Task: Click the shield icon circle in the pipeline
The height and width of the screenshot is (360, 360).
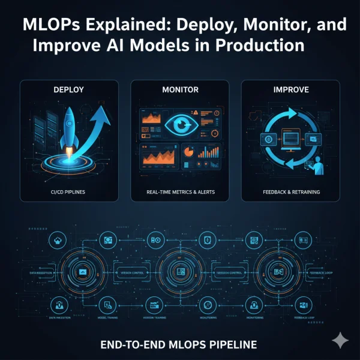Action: pos(206,239)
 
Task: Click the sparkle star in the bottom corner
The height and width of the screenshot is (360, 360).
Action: pos(340,340)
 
